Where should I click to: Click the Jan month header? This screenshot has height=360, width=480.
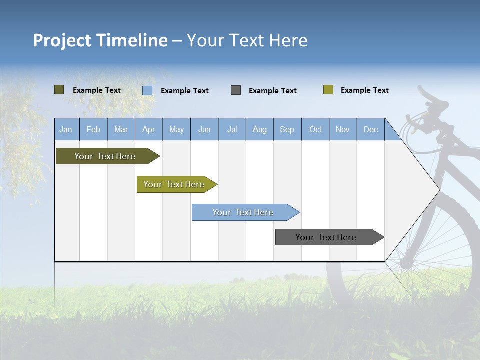tap(66, 129)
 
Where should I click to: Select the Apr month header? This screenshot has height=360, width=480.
tap(149, 129)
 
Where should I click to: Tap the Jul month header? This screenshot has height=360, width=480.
tap(232, 129)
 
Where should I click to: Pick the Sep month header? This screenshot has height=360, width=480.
tap(287, 129)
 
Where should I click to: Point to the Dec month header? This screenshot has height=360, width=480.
tap(370, 129)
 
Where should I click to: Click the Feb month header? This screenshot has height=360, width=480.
tap(93, 129)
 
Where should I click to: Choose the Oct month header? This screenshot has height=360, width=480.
tap(315, 129)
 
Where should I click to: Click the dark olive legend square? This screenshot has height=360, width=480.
tap(59, 90)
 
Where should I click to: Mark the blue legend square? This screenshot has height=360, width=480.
tap(147, 90)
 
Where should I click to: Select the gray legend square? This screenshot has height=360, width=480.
tap(236, 90)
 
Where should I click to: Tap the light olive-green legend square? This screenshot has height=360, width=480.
tap(328, 90)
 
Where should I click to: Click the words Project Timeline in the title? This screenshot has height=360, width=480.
tap(100, 40)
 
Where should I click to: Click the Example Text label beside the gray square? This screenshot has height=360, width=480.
tap(273, 91)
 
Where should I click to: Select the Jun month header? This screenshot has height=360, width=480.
tap(204, 129)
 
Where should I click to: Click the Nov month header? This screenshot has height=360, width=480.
tap(343, 129)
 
